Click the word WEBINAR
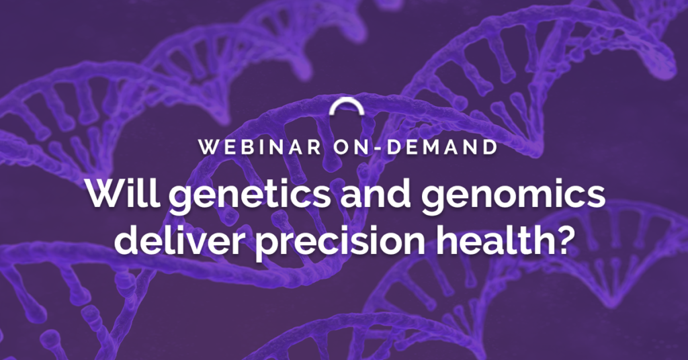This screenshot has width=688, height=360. [260, 147]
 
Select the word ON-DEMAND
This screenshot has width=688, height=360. [415, 147]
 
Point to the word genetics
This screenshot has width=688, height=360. [249, 196]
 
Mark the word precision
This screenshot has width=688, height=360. [339, 242]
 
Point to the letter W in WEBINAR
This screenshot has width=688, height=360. [208, 147]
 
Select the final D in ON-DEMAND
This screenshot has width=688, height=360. [490, 147]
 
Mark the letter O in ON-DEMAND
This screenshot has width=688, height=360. [342, 147]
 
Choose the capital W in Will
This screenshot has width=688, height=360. [108, 193]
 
